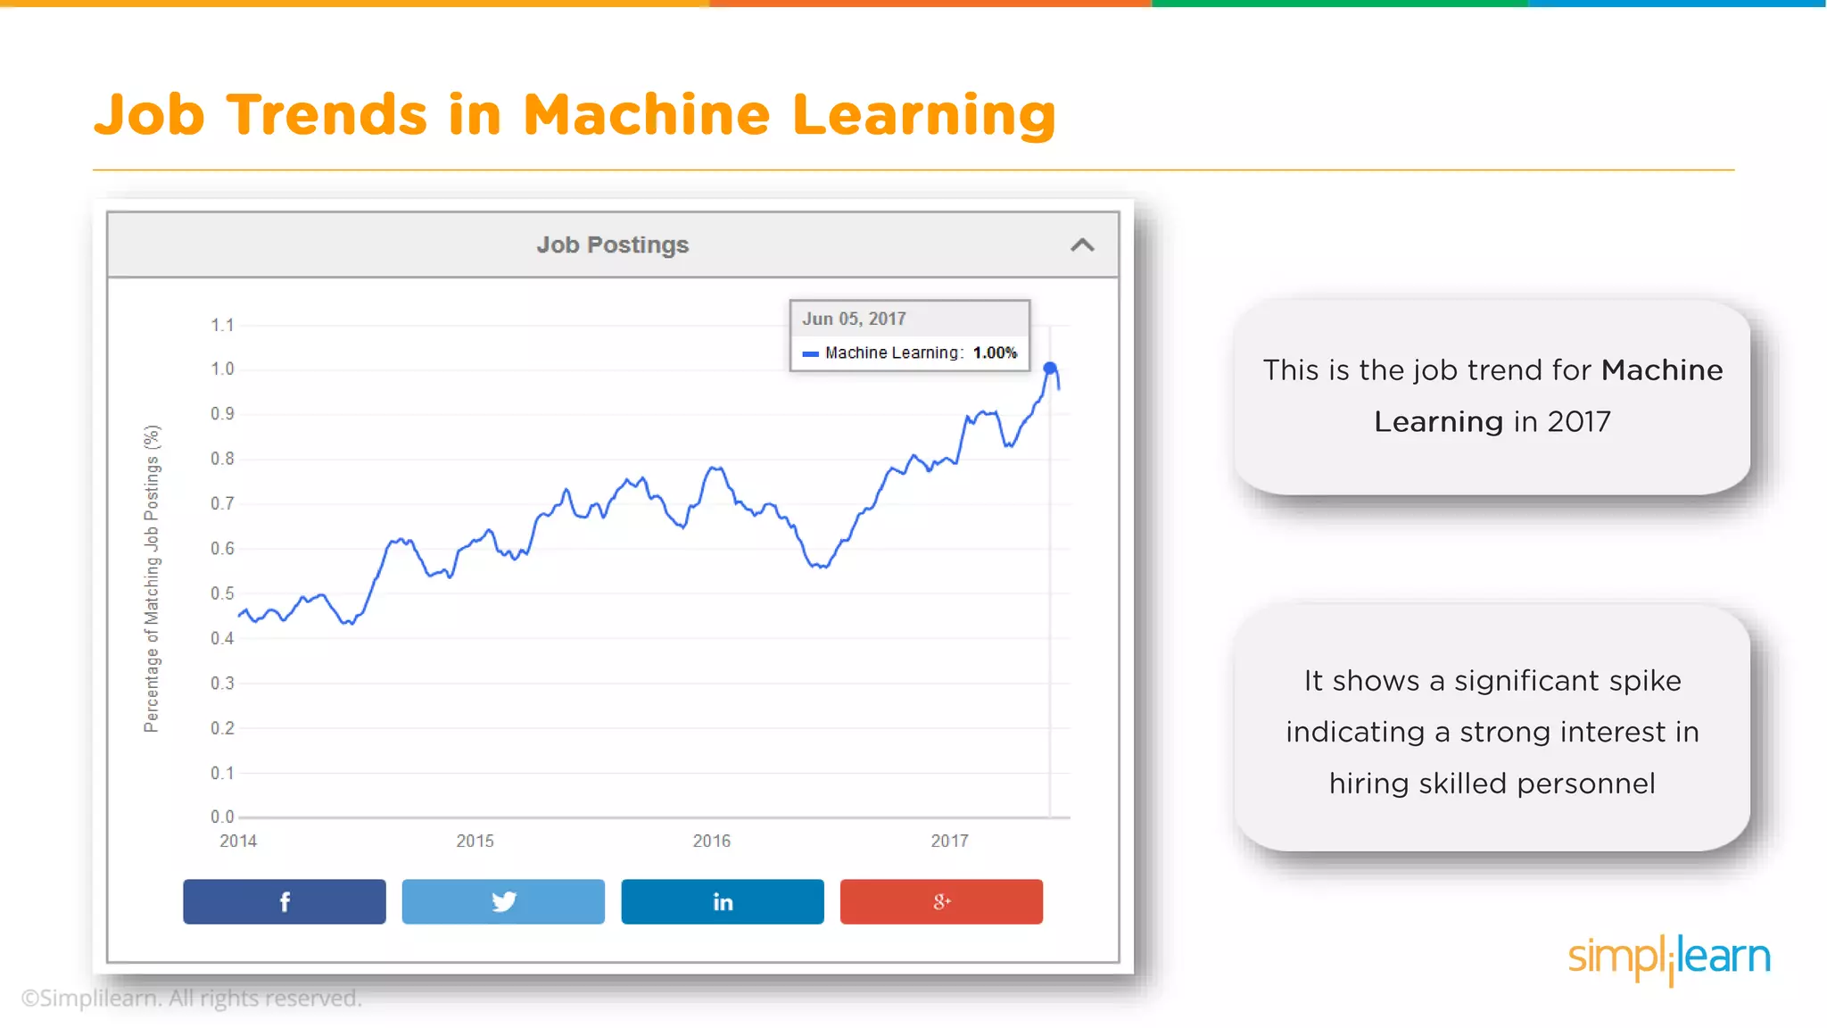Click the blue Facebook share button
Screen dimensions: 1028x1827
pos(284,901)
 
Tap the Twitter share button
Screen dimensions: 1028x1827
pos(503,901)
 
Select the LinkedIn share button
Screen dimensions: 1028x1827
pos(722,901)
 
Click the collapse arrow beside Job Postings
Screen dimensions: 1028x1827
pos(1081,245)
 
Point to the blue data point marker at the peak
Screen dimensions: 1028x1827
pos(1050,369)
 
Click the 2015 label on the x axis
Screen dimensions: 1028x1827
pos(475,841)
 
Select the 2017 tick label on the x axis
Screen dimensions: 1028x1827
pos(949,841)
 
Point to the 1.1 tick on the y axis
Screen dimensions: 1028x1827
pos(222,325)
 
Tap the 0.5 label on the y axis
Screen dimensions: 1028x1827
pos(222,593)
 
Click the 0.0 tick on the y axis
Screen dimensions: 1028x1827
pos(222,817)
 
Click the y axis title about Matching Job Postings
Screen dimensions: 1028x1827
pos(152,578)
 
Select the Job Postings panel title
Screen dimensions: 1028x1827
pos(612,245)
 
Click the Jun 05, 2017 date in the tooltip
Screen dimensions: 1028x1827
pos(854,319)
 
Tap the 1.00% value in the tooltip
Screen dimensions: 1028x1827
pos(995,352)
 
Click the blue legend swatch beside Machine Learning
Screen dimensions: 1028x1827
pos(810,353)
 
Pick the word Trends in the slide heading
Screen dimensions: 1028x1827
pos(327,115)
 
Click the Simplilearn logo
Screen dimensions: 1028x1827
pos(1668,958)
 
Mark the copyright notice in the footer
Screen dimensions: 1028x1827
pos(192,998)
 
